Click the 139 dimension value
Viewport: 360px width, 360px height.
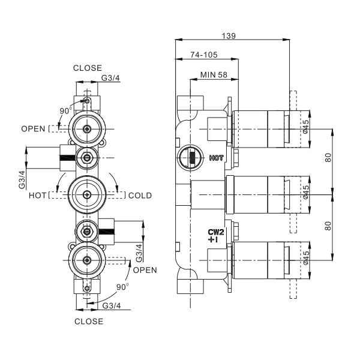pyautogui.click(x=229, y=36)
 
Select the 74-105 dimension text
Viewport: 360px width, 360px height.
pyautogui.click(x=204, y=55)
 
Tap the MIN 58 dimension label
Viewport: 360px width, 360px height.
pyautogui.click(x=214, y=75)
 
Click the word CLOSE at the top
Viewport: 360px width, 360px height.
pyautogui.click(x=88, y=68)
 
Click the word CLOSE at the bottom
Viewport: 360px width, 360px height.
pyautogui.click(x=89, y=322)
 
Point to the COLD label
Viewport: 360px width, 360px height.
pyautogui.click(x=140, y=196)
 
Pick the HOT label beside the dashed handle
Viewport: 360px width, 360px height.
pyautogui.click(x=37, y=196)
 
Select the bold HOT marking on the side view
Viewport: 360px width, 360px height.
pyautogui.click(x=216, y=158)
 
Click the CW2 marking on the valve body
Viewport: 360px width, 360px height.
pyautogui.click(x=216, y=232)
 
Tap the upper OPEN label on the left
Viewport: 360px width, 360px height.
pyautogui.click(x=33, y=129)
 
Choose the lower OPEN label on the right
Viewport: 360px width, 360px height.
pyautogui.click(x=145, y=270)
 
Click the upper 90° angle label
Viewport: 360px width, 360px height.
pyautogui.click(x=66, y=111)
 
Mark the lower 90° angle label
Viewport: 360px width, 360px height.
pyautogui.click(x=122, y=287)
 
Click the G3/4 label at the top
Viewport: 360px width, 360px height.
pyautogui.click(x=110, y=78)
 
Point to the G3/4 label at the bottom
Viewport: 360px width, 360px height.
pyautogui.click(x=112, y=306)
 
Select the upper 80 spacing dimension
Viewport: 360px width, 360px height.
pyautogui.click(x=329, y=157)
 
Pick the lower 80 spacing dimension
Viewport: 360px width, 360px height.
pyautogui.click(x=329, y=226)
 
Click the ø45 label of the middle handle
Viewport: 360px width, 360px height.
pyautogui.click(x=306, y=193)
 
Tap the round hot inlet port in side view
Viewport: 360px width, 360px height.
pyautogui.click(x=190, y=158)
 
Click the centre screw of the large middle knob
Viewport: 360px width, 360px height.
pyautogui.click(x=87, y=195)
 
